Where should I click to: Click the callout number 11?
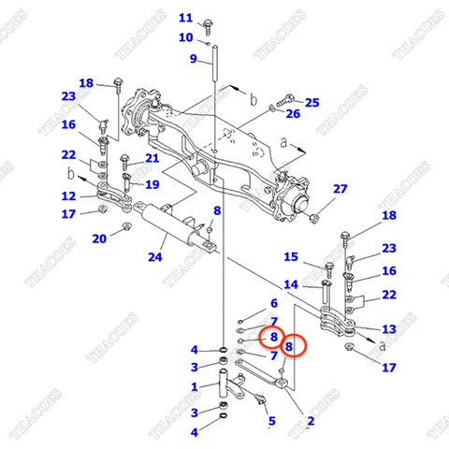185,18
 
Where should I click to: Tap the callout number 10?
185,37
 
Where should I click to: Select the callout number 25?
311,102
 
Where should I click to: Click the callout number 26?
293,114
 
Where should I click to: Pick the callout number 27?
340,189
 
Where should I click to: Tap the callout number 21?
152,158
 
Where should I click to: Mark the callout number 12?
68,196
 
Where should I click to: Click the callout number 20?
98,239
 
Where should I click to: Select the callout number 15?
291,257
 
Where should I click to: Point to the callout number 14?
291,284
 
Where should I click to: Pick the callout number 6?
273,303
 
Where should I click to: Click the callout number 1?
194,386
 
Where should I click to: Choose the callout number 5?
271,422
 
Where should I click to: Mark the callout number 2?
310,422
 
